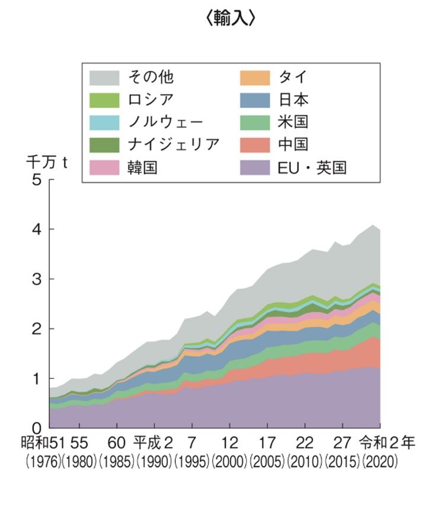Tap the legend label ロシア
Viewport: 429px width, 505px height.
pos(151,99)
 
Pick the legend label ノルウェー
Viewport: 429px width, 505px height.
pos(166,122)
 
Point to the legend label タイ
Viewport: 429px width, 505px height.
pos(293,76)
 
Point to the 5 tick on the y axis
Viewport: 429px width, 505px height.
pos(36,180)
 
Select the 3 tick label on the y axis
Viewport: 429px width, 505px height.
pos(36,279)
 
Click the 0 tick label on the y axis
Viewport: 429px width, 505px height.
pos(36,427)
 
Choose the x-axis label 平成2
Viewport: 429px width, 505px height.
pos(153,444)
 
